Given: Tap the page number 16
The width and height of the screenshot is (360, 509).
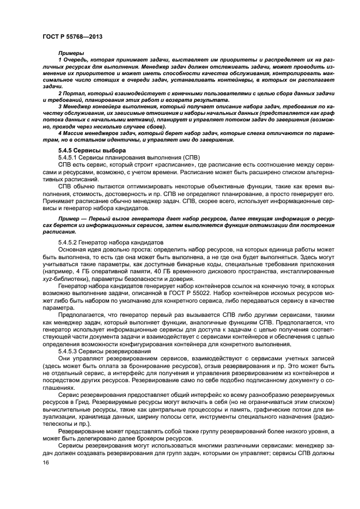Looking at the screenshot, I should pos(45,462).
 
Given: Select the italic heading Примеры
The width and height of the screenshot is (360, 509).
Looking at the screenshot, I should pos(69,52).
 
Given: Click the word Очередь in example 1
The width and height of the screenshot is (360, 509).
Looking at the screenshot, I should pos(76,59).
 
